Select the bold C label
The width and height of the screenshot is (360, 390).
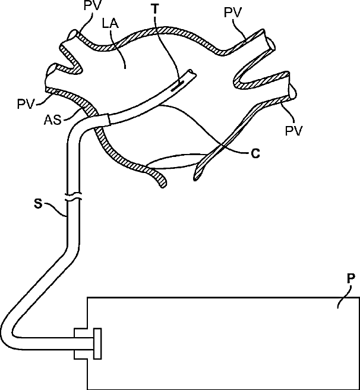(x=255, y=153)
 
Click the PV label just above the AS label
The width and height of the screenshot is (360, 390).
(x=26, y=105)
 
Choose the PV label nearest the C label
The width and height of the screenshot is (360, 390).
(x=293, y=130)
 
